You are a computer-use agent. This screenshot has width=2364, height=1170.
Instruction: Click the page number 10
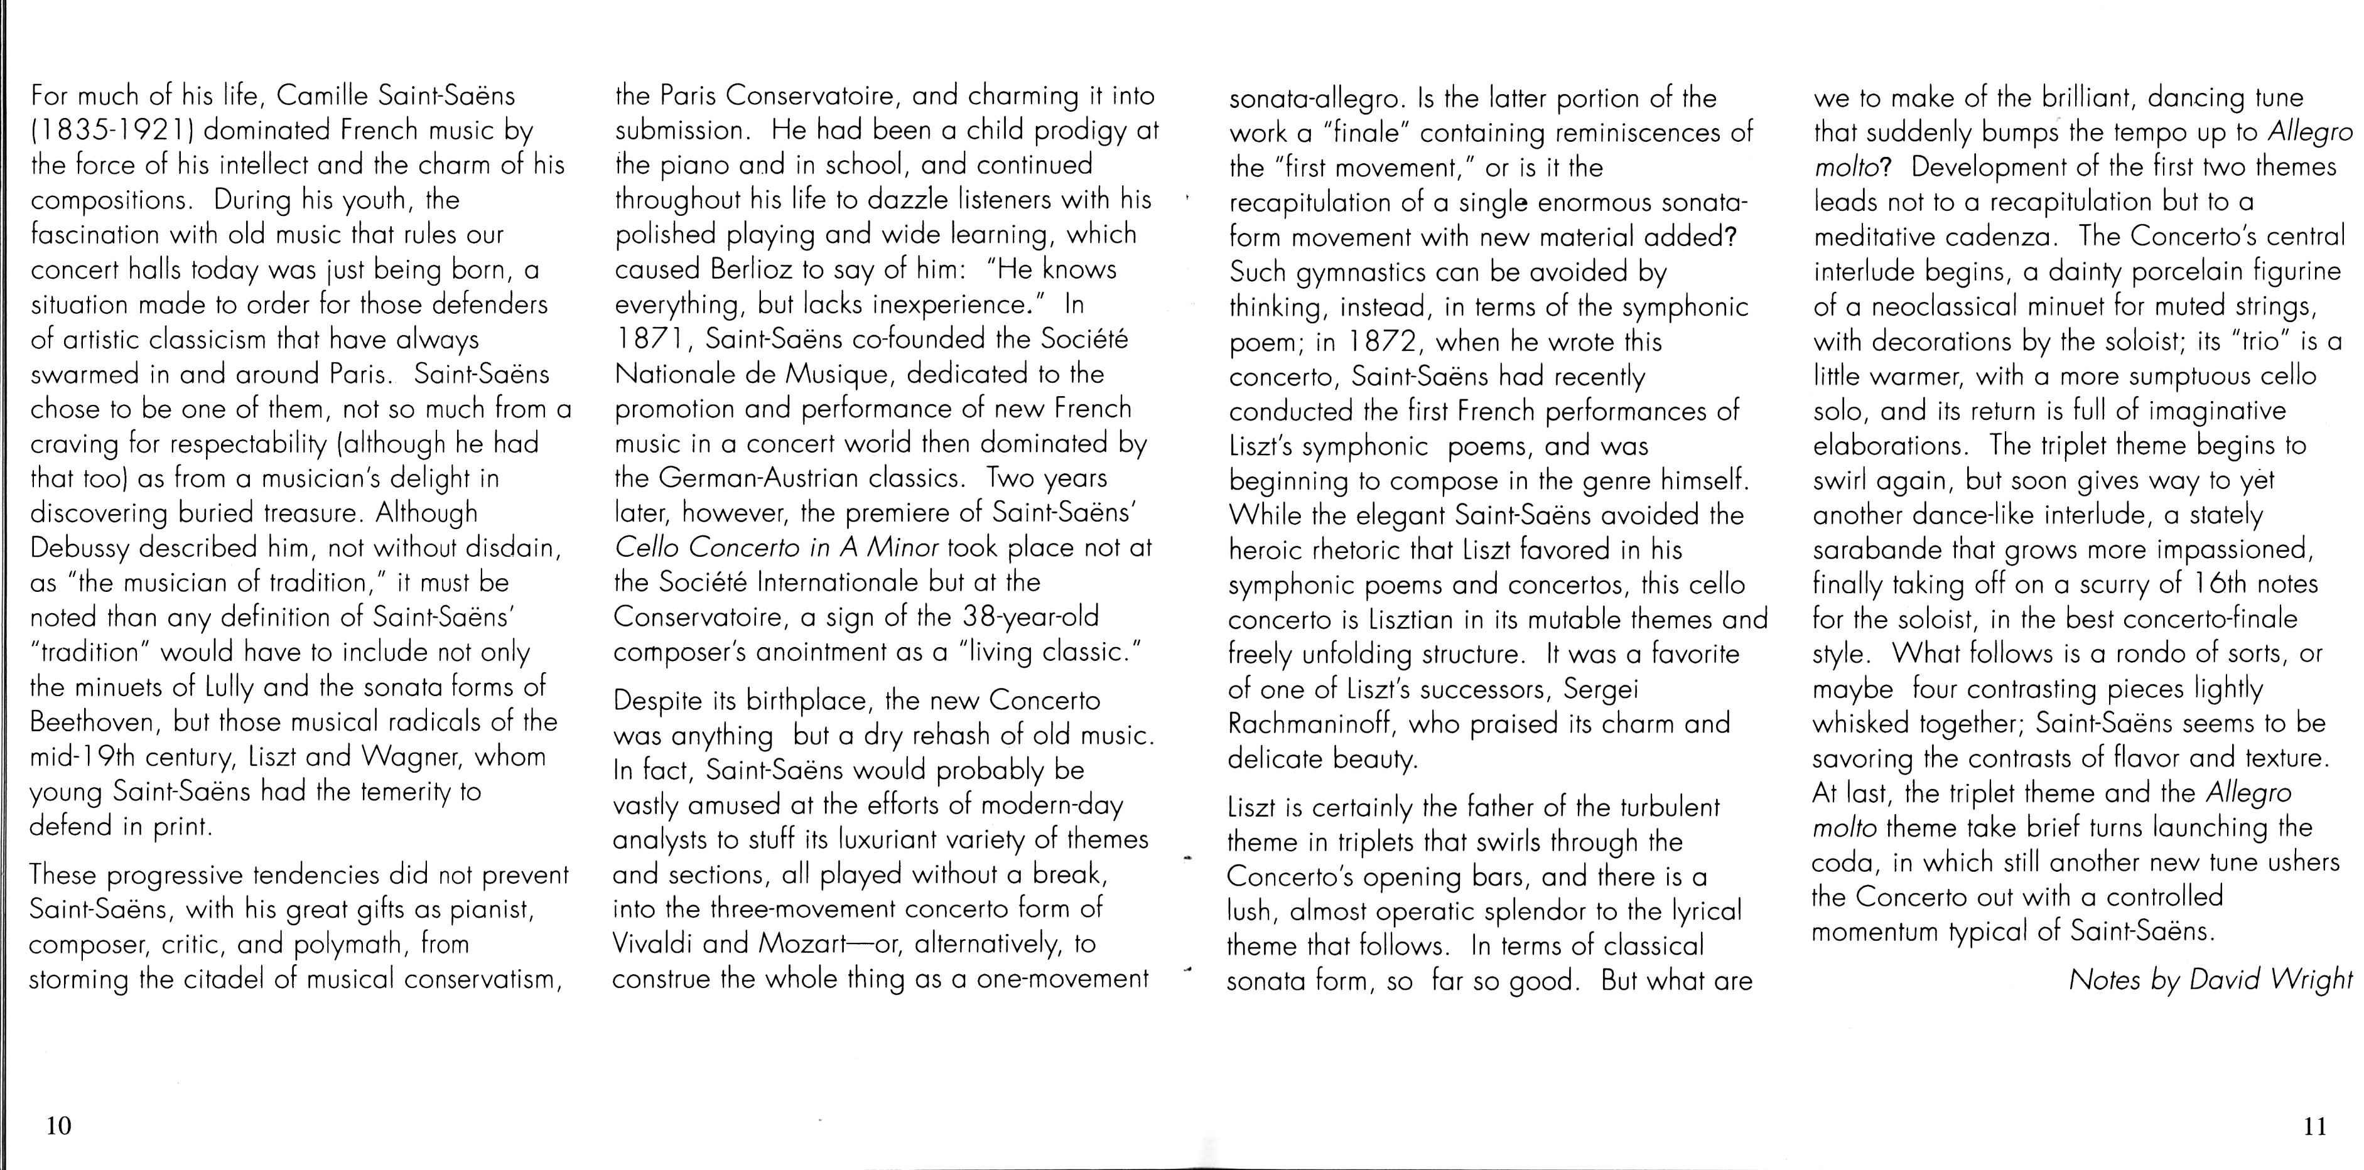[58, 1126]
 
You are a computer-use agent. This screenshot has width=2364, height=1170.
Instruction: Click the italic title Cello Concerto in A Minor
[776, 549]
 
